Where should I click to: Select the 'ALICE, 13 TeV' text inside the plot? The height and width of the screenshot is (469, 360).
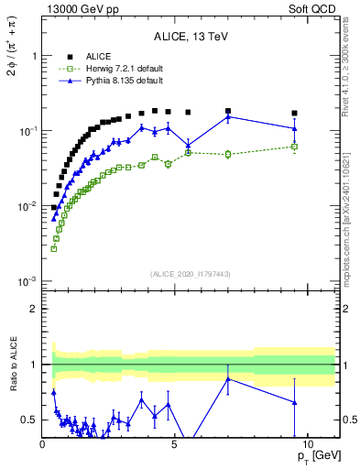191,37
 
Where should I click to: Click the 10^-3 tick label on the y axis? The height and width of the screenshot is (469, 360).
27,281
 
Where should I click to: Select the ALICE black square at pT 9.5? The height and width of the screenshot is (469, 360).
294,114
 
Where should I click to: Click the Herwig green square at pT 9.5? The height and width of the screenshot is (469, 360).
294,147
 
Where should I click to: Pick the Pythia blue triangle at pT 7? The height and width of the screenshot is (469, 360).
228,116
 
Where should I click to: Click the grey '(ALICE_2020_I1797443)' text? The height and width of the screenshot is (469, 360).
190,275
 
